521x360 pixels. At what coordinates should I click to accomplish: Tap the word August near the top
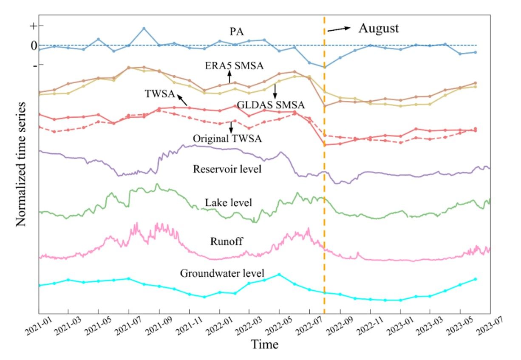coord(379,28)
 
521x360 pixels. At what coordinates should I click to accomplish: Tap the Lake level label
coord(229,202)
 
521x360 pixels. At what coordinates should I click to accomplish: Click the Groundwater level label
coord(222,273)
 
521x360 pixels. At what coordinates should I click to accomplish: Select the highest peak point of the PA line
coord(144,28)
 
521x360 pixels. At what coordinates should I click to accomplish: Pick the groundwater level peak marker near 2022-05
coord(279,274)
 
